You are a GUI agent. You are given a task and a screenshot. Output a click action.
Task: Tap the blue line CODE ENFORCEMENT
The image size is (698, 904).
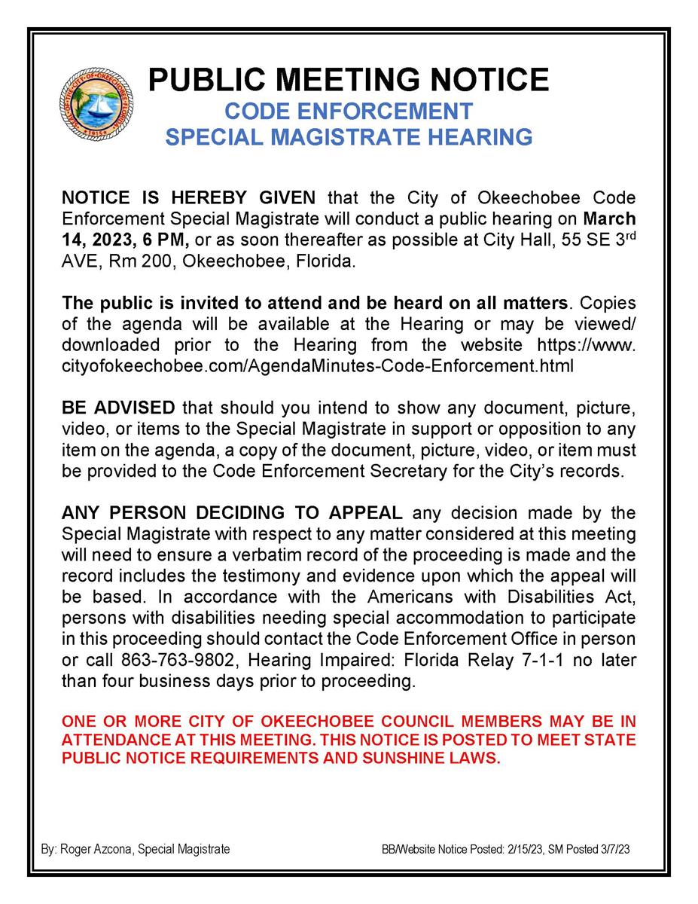[x=349, y=111]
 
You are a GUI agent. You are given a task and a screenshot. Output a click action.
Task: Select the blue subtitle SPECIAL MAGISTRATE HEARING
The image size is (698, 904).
[x=349, y=137]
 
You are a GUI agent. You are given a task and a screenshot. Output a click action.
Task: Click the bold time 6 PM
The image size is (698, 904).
[x=157, y=240]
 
